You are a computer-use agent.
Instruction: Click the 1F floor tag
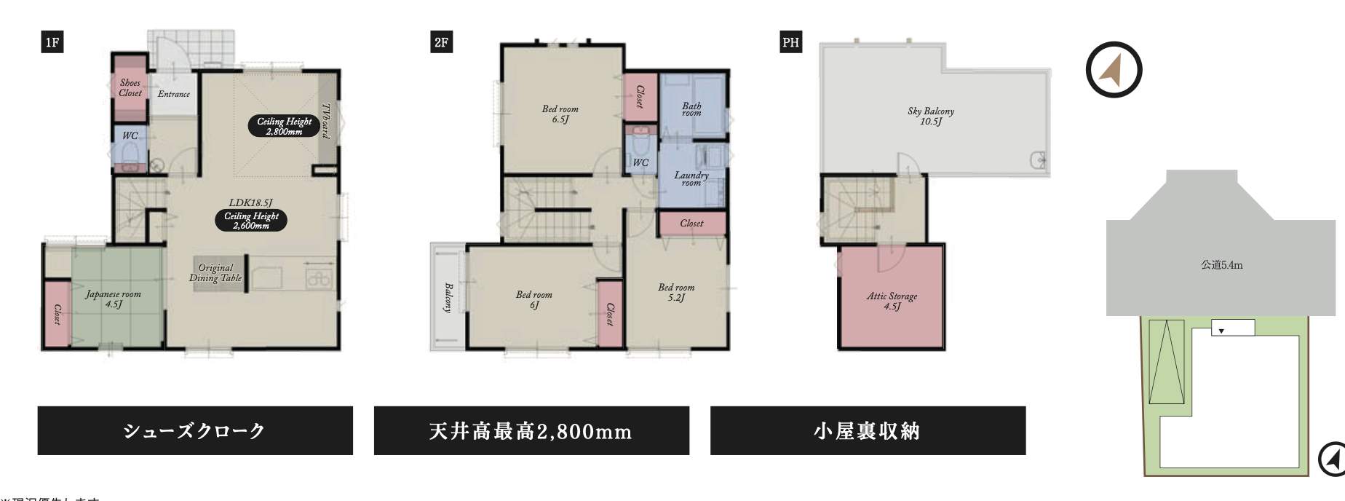pyautogui.click(x=52, y=42)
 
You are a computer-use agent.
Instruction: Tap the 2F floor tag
pyautogui.click(x=441, y=42)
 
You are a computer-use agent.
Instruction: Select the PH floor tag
pyautogui.click(x=790, y=42)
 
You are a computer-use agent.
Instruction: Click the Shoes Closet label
pyautogui.click(x=130, y=88)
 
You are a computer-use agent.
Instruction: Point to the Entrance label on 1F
pyautogui.click(x=174, y=94)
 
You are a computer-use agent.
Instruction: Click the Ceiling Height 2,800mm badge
pyautogui.click(x=284, y=127)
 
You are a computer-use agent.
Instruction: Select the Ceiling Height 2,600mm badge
pyautogui.click(x=251, y=221)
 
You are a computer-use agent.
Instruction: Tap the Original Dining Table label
pyautogui.click(x=215, y=273)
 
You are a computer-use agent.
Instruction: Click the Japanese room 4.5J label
pyautogui.click(x=114, y=299)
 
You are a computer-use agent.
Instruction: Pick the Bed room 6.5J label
pyautogui.click(x=560, y=114)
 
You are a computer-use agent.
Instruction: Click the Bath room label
pyautogui.click(x=691, y=109)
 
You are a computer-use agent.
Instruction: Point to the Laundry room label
pyautogui.click(x=691, y=178)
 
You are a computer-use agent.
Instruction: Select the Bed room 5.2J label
pyautogui.click(x=676, y=293)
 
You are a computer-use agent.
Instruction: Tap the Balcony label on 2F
pyautogui.click(x=448, y=298)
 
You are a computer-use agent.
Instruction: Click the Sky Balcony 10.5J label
pyautogui.click(x=931, y=117)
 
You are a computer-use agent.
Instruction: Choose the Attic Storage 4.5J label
pyautogui.click(x=892, y=301)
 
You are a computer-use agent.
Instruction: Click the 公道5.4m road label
pyautogui.click(x=1221, y=265)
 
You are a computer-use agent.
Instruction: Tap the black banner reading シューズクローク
pyautogui.click(x=195, y=431)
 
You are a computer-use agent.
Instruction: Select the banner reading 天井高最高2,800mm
pyautogui.click(x=531, y=431)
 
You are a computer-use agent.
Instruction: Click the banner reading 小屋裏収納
pyautogui.click(x=868, y=431)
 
